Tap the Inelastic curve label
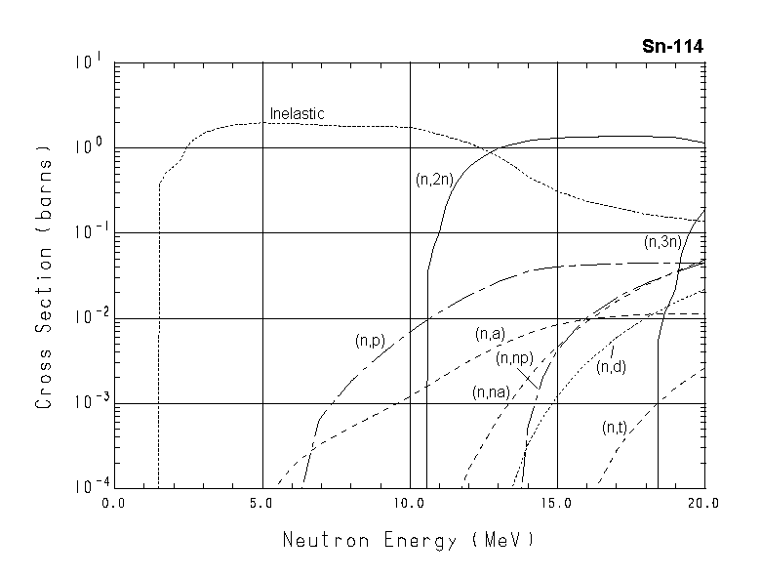click(x=297, y=114)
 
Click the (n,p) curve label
click(x=372, y=341)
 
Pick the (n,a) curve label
click(x=490, y=334)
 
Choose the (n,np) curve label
click(x=513, y=359)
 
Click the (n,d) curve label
click(x=612, y=367)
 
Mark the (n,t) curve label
click(x=615, y=427)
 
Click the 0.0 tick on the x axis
click(x=115, y=504)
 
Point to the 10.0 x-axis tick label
click(x=409, y=504)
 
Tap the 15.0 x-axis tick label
click(x=556, y=504)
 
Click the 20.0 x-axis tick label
click(x=703, y=504)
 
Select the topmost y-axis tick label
click(x=89, y=62)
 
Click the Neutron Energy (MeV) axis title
click(x=409, y=540)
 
